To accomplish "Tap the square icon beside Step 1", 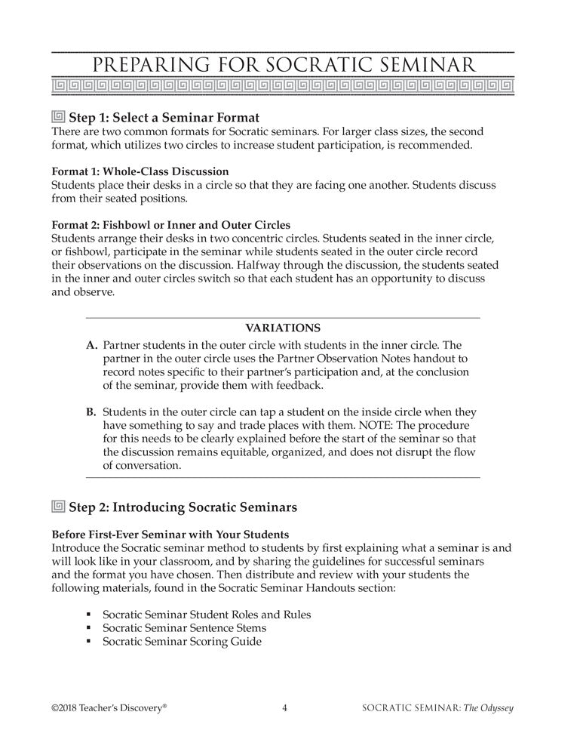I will click(58, 117).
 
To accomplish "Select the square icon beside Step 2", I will click(58, 506).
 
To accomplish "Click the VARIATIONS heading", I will click(283, 328).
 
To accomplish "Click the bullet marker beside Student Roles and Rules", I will click(89, 615).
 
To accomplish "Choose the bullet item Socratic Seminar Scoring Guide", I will click(182, 642).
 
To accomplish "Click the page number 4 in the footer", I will click(284, 708).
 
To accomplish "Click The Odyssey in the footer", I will click(494, 708).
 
